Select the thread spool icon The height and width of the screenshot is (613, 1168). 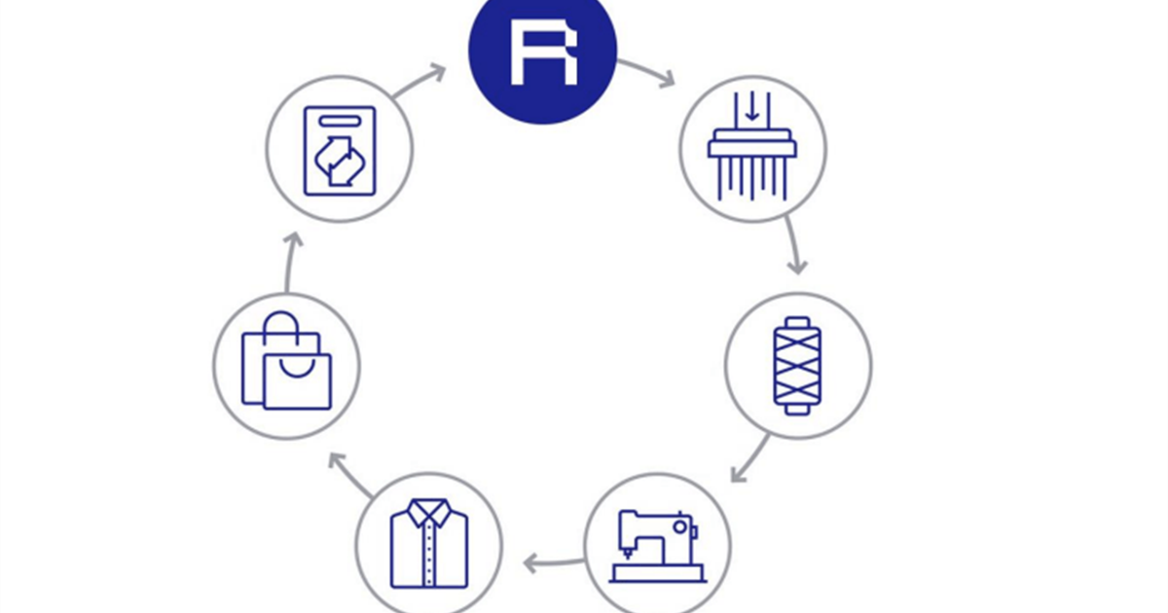pyautogui.click(x=797, y=366)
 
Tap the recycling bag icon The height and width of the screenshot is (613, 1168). pyautogui.click(x=339, y=150)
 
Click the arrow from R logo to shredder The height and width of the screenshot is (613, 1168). pyautogui.click(x=646, y=73)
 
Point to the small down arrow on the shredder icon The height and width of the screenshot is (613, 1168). pyautogui.click(x=751, y=109)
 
